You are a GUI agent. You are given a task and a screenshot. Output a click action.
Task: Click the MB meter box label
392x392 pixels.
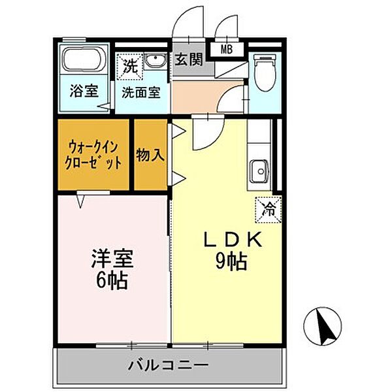coord(226,49)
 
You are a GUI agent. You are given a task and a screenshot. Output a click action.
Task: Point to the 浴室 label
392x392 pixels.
coord(84,91)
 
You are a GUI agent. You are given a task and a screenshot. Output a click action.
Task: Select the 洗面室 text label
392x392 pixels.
coord(141,92)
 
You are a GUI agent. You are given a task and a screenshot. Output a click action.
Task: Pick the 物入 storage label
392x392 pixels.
coord(150,155)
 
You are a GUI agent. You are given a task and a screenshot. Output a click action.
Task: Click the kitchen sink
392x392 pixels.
coord(259,172)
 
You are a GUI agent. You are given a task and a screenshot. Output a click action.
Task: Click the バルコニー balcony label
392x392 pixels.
coord(168,364)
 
